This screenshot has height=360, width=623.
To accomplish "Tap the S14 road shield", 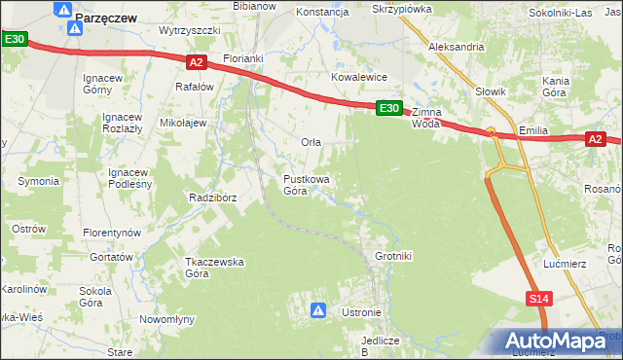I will [x=541, y=299].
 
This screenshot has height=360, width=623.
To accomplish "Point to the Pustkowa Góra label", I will [x=307, y=185].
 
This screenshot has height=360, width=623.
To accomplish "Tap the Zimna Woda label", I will [x=426, y=118].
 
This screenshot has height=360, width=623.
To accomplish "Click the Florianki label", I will [x=243, y=58].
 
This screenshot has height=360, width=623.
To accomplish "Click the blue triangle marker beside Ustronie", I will [x=318, y=310].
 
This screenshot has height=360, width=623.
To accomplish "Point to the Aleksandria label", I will [x=457, y=46].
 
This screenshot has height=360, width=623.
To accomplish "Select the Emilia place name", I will [x=535, y=129].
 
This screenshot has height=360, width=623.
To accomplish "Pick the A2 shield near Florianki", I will [x=196, y=62].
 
